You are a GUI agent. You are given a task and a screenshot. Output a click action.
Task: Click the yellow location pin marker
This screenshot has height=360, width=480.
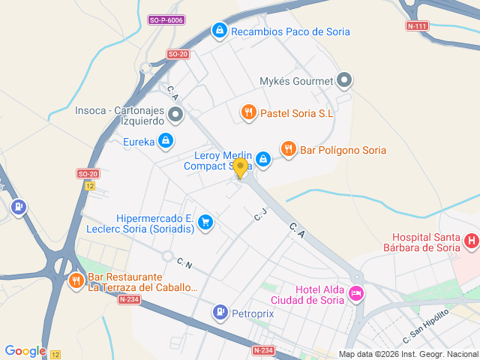tap(240, 167)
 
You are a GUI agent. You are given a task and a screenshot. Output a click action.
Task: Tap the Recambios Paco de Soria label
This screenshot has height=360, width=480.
tap(290, 31)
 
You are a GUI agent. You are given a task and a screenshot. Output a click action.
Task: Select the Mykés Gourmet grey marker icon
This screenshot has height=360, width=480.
tap(344, 79)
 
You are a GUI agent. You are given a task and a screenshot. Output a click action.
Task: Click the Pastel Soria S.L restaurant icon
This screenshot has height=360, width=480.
tap(249, 112)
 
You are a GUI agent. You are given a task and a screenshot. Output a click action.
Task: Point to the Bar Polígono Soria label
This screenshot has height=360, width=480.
tap(343, 150)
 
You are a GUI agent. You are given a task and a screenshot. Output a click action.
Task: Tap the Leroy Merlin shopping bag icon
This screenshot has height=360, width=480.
tap(263, 158)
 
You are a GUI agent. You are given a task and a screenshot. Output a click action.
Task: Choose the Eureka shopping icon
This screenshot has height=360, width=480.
tap(166, 140)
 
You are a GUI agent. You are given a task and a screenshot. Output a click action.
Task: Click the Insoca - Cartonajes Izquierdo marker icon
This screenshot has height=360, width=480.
tap(175, 115)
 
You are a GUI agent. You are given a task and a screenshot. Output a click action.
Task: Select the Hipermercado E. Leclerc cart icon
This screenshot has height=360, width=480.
tap(206, 221)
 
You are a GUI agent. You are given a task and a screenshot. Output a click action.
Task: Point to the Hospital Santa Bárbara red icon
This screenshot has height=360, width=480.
tap(471, 241)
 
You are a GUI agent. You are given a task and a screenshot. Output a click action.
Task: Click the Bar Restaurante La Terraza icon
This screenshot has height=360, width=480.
tap(76, 281)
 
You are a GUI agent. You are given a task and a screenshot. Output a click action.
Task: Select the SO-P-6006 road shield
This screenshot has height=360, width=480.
tap(165, 19)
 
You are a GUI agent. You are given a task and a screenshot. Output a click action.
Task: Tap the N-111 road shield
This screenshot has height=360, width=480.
tap(417, 26)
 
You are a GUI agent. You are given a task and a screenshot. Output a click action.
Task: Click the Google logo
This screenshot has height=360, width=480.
tap(25, 351)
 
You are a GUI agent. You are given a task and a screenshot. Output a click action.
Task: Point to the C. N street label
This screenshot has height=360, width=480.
tap(184, 263)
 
